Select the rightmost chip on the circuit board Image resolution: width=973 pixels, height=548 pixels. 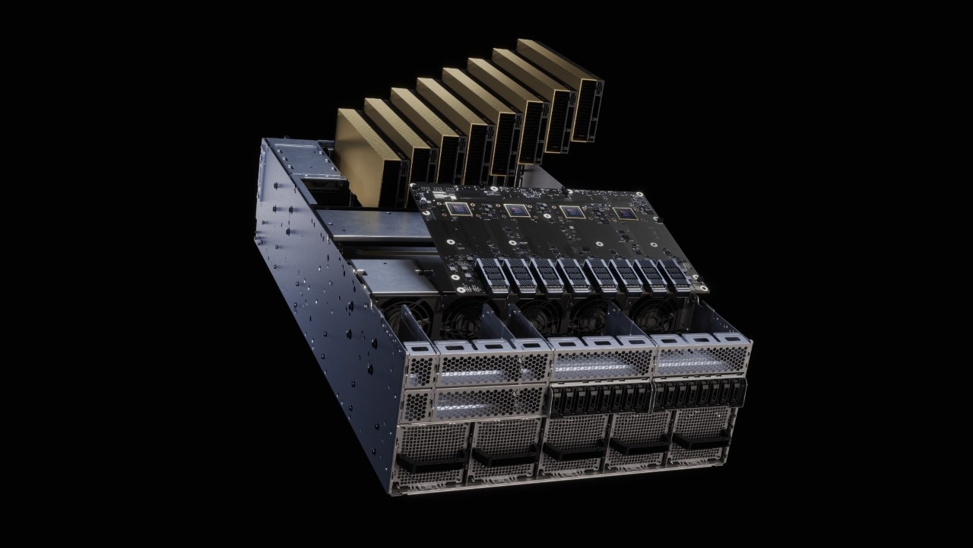click(x=625, y=215)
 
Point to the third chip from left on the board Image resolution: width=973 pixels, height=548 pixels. click(x=571, y=212)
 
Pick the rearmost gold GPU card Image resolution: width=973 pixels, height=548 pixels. click(x=563, y=84)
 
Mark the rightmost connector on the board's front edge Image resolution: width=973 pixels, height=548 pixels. click(x=675, y=274)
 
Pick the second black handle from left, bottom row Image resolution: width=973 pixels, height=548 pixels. click(x=502, y=457)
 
